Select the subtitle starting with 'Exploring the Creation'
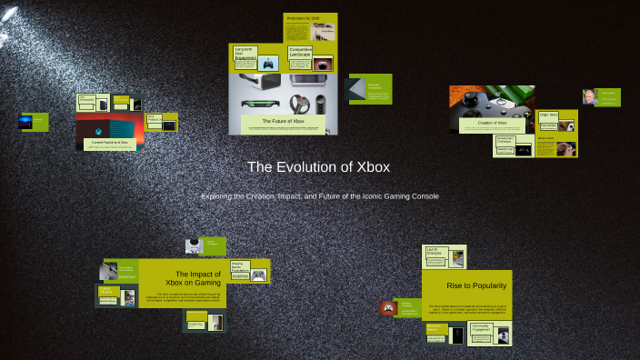(319, 196)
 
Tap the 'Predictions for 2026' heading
(304, 18)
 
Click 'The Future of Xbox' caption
(283, 120)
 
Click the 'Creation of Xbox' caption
(491, 122)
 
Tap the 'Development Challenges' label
(507, 142)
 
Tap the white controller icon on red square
(388, 308)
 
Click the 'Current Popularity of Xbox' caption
(109, 143)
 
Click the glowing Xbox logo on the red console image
(94, 133)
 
